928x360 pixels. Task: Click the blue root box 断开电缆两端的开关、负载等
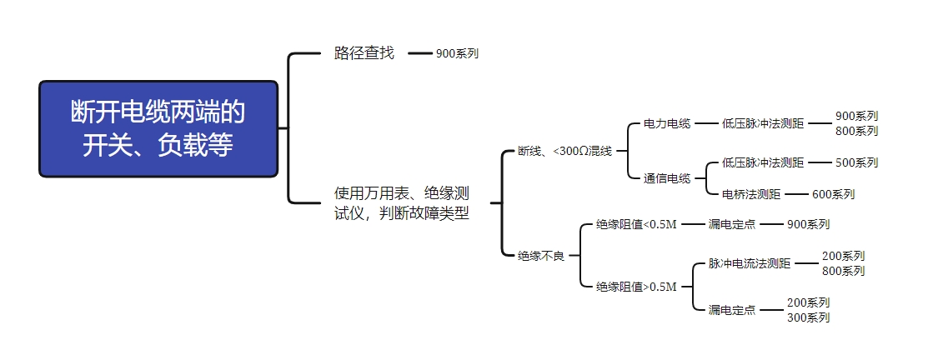pos(158,128)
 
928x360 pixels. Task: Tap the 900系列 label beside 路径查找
pos(457,53)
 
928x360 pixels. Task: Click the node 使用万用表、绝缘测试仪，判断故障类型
pos(401,202)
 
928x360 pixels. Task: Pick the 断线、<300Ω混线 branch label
pos(564,151)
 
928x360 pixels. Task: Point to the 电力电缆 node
pos(667,123)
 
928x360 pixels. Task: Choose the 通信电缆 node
pos(667,178)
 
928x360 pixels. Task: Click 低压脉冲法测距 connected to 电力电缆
pos(763,123)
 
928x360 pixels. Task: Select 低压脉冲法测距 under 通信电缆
pos(763,162)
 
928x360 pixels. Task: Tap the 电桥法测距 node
pos(751,194)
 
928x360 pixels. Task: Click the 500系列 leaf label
pos(856,162)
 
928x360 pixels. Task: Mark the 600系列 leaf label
pos(833,194)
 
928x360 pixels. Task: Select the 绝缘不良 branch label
pos(541,256)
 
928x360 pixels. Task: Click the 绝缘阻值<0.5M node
pos(637,224)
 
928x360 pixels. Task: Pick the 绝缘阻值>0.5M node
pos(637,287)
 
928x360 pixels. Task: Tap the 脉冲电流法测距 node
pos(750,263)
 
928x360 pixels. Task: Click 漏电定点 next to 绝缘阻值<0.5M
pos(732,224)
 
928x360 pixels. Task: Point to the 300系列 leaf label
pos(808,317)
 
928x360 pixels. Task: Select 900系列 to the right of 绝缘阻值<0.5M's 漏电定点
pos(808,224)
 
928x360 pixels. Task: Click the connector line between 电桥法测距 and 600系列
pos(796,194)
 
